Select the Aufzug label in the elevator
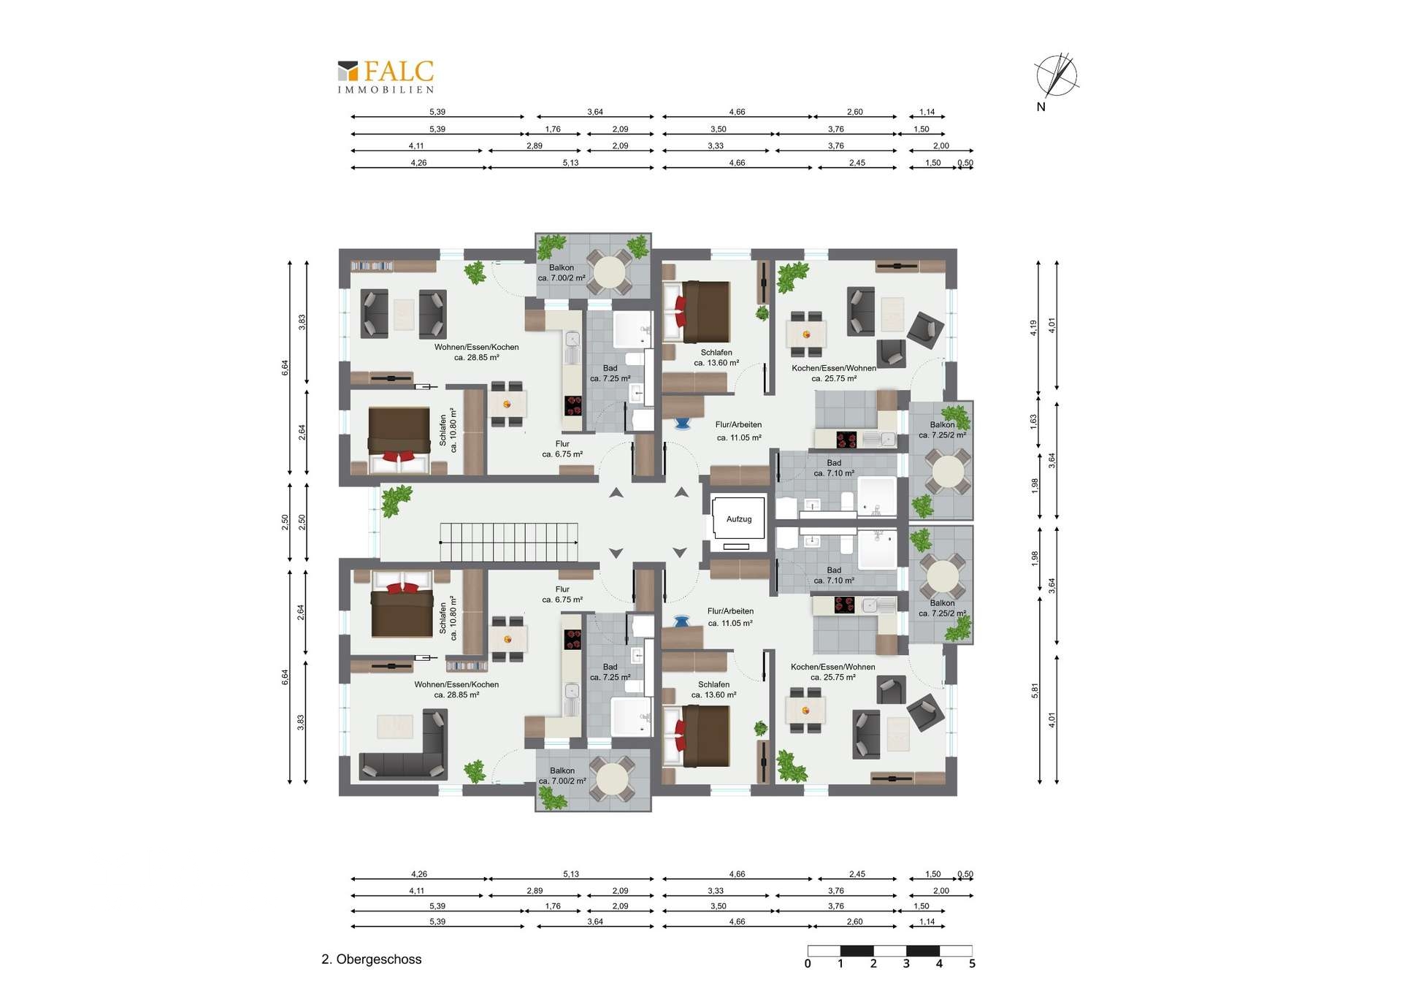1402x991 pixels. click(x=739, y=519)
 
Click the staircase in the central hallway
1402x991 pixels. click(x=509, y=542)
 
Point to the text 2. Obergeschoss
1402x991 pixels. click(x=372, y=960)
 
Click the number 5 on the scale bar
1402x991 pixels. click(x=972, y=964)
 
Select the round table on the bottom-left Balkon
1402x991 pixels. click(x=612, y=778)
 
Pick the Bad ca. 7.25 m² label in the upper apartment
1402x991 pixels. click(x=610, y=373)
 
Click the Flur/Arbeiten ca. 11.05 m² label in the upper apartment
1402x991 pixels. click(x=739, y=431)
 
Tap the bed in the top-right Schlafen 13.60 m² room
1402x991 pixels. click(x=697, y=312)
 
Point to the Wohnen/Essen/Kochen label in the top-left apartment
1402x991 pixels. click(x=477, y=347)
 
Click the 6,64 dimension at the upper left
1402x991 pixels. click(x=285, y=368)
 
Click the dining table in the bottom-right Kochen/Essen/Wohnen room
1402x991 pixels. click(x=805, y=710)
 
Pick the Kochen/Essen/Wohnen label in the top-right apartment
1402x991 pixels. click(x=834, y=368)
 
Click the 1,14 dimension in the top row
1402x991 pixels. click(x=927, y=112)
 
